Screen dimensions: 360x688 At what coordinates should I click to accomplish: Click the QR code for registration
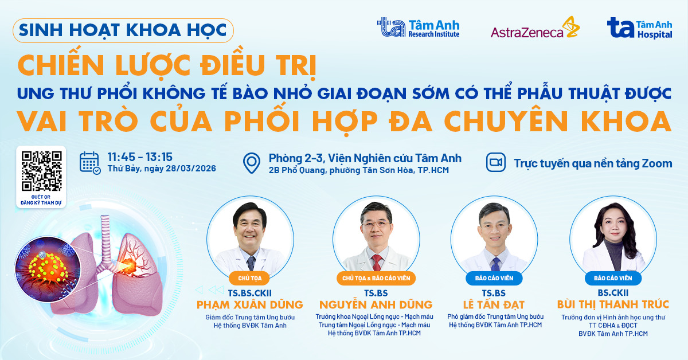click(x=42, y=170)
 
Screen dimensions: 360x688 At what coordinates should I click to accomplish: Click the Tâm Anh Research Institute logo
click(x=418, y=28)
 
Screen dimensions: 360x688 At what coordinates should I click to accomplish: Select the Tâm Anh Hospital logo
click(x=640, y=28)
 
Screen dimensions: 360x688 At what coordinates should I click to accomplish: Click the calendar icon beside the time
click(x=89, y=163)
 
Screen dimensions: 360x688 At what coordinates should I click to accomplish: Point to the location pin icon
click(x=252, y=163)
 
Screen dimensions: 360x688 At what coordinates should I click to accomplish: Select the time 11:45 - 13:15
click(x=140, y=156)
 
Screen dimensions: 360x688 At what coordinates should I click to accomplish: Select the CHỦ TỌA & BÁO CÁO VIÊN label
click(x=376, y=279)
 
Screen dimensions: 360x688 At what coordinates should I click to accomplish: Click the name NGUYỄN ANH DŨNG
click(x=376, y=304)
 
